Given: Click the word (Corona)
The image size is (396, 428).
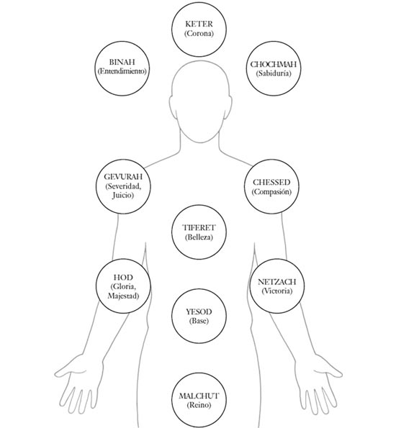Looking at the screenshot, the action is pyautogui.click(x=199, y=33).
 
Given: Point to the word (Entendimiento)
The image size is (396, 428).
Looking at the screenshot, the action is pyautogui.click(x=122, y=71).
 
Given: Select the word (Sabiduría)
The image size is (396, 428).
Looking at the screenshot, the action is pyautogui.click(x=274, y=73).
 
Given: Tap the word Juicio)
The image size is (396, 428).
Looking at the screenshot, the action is pyautogui.click(x=122, y=196).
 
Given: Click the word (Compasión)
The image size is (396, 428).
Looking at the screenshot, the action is pyautogui.click(x=271, y=191).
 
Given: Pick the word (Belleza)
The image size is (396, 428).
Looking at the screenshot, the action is pyautogui.click(x=199, y=237).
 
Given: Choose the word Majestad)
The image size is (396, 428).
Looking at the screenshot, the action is pyautogui.click(x=123, y=296).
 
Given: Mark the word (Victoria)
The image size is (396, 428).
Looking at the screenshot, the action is pyautogui.click(x=277, y=291).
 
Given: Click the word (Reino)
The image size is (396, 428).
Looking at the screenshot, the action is pyautogui.click(x=199, y=405).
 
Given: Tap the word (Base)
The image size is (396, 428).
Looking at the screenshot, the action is pyautogui.click(x=199, y=321).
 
